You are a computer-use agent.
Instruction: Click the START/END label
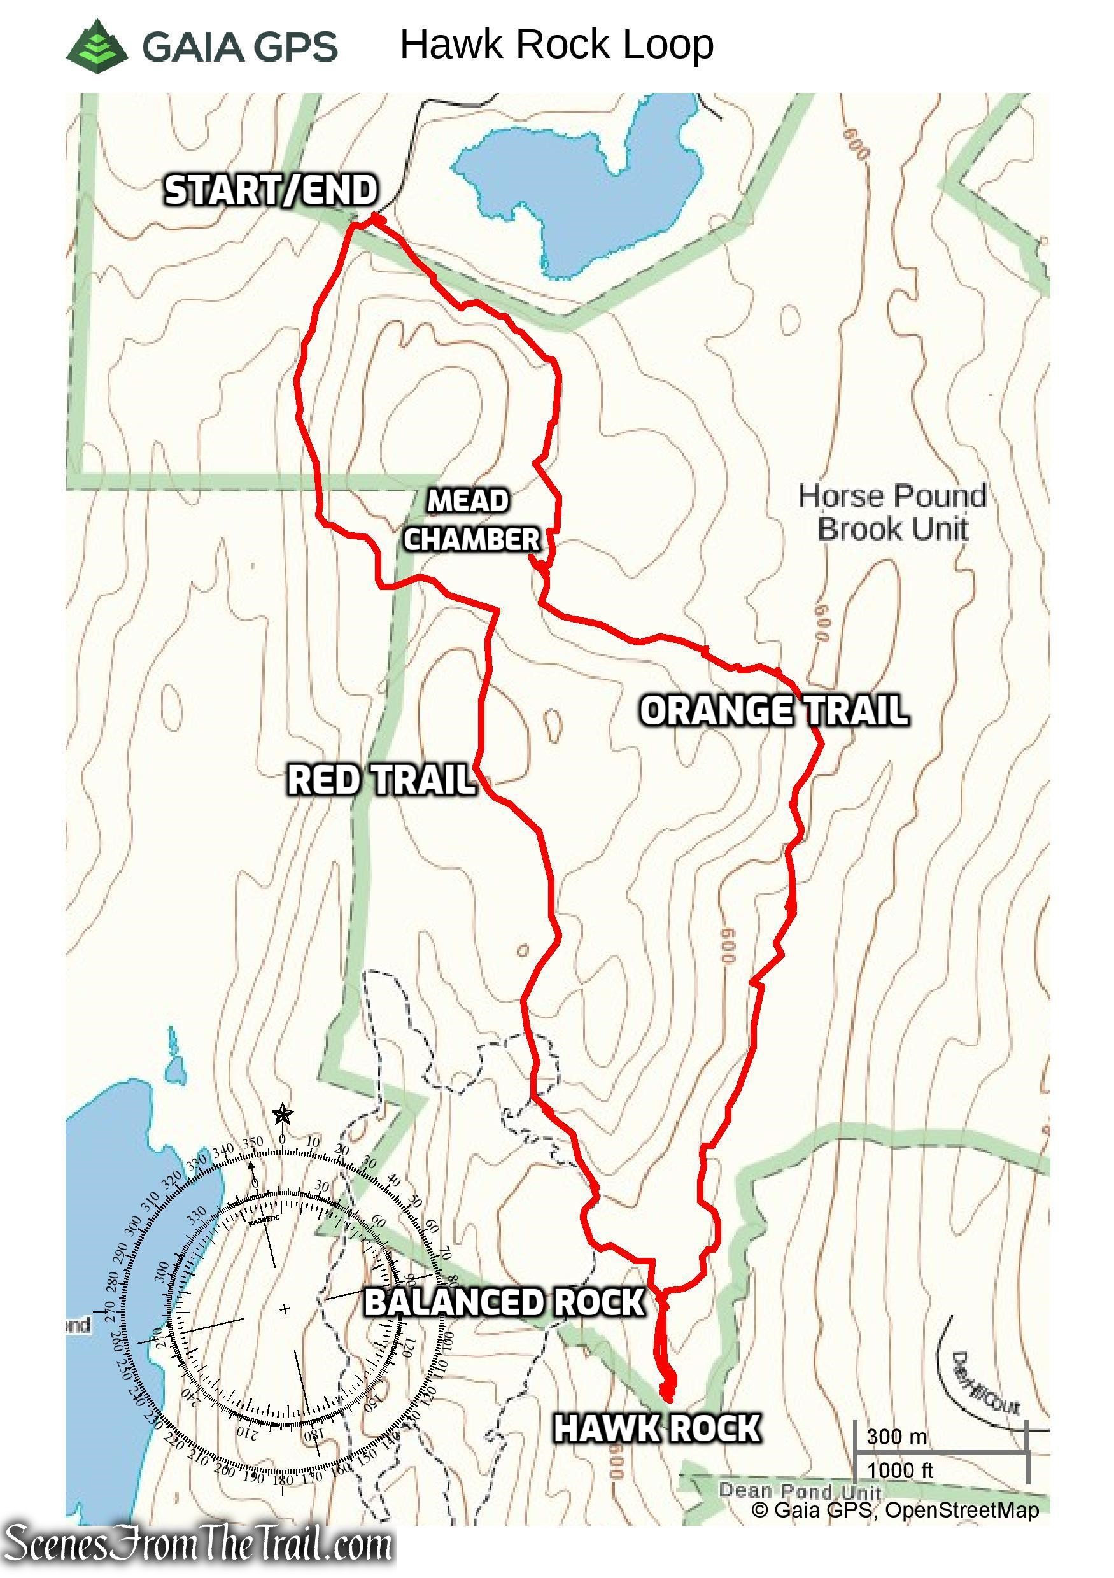271,190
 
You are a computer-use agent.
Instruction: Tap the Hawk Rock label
656,1428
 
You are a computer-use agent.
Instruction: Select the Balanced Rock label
504,1302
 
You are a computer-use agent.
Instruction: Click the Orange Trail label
774,710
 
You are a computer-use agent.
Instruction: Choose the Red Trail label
381,781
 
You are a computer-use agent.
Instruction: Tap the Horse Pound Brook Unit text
891,512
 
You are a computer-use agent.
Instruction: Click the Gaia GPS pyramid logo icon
97,43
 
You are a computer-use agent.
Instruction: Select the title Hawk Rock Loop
556,45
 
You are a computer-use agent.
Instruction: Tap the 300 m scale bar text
896,1437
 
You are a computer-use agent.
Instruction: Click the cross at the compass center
285,1309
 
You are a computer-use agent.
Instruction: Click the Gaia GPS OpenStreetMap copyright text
895,1510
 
